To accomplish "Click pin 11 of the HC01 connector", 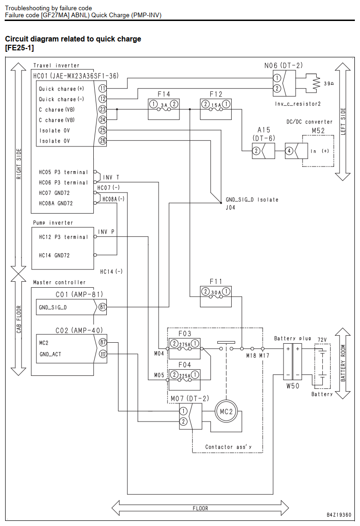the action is coord(102,89).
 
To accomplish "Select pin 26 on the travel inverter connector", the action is coord(102,140).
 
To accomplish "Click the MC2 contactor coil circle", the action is coord(226,412).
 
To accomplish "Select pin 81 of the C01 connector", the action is coord(102,307).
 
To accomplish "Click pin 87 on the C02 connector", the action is coord(103,342).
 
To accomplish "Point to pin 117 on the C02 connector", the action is coord(103,354).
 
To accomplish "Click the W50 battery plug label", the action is coord(292,386).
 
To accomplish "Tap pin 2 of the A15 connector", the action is coord(256,151).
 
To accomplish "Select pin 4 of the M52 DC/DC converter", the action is coord(289,151).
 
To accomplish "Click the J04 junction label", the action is coord(230,208).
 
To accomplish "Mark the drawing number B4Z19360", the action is coord(339,515).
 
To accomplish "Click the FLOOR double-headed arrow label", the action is coord(201,508).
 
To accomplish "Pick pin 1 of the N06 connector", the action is coord(277,78).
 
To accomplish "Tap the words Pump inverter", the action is coord(53,223).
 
